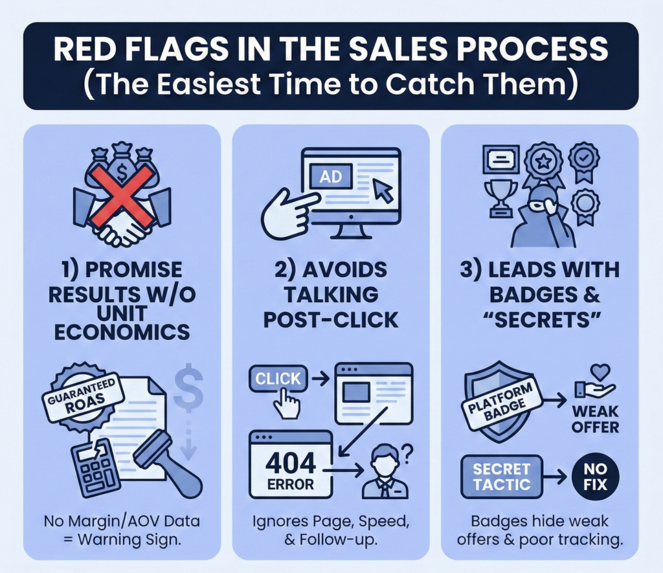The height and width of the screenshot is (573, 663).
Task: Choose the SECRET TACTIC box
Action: point(501,477)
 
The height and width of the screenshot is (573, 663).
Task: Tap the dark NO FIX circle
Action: point(594,477)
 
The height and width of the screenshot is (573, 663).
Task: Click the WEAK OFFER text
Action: point(595,420)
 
